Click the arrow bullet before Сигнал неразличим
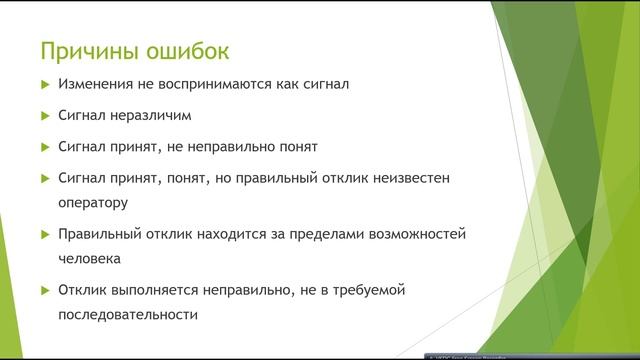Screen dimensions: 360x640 point(44,116)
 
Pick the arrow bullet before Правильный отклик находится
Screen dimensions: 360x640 point(44,234)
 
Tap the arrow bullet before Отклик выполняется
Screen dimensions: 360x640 point(44,291)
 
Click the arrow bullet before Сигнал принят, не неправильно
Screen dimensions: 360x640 point(44,147)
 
